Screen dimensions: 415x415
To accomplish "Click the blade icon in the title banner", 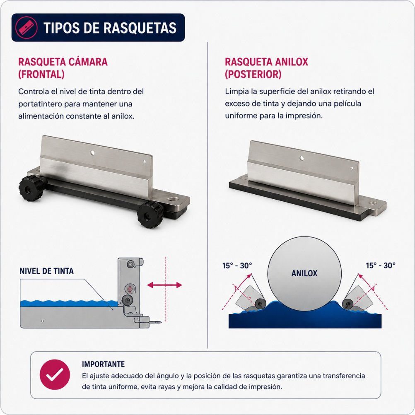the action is tap(26, 27).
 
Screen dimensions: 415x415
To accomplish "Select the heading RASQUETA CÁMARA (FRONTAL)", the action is tap(63, 68).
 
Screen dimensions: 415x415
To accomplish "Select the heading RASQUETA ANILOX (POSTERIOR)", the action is tap(267, 68).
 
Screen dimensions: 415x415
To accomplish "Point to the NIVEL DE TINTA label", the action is tap(46, 271).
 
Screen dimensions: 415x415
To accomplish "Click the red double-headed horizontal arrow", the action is tap(164, 285).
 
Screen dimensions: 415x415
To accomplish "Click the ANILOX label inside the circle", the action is tap(304, 273).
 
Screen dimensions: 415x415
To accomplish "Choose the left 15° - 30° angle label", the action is tap(237, 265).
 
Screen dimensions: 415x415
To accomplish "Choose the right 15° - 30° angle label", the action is tap(381, 265).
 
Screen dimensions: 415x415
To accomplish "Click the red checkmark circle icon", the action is tap(55, 374).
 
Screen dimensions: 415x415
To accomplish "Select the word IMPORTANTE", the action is tap(103, 364).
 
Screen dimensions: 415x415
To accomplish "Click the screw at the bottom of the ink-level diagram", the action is tap(154, 322).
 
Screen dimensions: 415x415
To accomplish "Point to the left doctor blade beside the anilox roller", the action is tap(249, 298).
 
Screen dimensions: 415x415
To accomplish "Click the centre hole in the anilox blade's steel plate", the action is tap(302, 158).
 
